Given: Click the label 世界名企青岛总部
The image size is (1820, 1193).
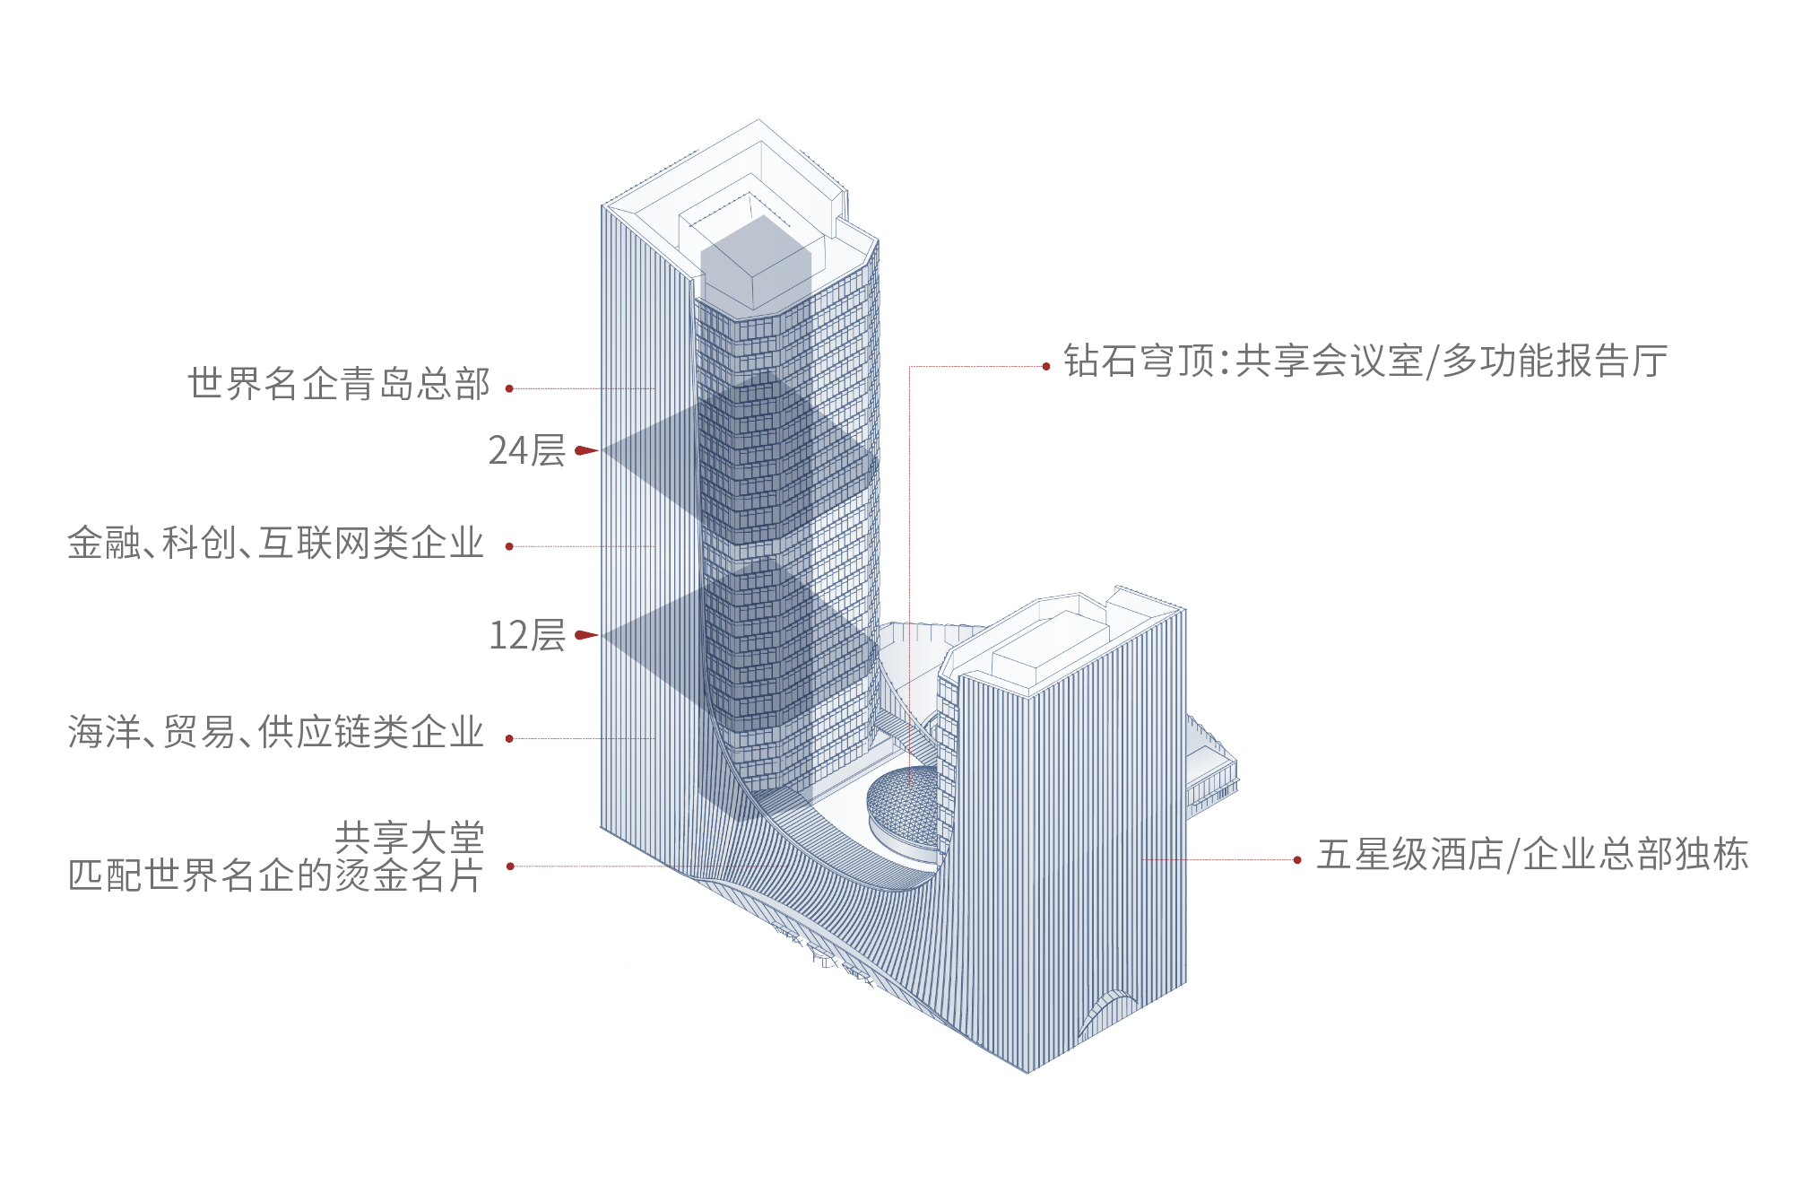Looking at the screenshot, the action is (339, 384).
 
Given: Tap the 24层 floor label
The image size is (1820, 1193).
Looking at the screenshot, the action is (527, 450).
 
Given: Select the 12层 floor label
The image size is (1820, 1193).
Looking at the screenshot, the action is (527, 635).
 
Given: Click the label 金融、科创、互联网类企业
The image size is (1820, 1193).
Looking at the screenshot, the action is (276, 543).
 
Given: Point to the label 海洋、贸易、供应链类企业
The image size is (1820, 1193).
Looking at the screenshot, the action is (276, 732).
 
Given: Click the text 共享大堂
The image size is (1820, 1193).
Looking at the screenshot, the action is (410, 838).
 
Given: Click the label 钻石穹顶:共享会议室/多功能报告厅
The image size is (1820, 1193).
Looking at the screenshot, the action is (1365, 361).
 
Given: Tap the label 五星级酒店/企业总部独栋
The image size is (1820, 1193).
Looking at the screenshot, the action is (1532, 854).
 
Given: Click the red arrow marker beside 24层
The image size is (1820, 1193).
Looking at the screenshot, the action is (586, 450).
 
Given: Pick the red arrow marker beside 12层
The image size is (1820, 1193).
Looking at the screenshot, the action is (586, 635).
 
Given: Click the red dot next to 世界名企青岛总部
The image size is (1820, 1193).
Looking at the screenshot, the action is (509, 388).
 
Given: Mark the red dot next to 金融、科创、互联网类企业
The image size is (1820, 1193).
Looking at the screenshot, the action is (509, 546).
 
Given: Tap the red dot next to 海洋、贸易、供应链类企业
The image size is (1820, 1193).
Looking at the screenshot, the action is (509, 738).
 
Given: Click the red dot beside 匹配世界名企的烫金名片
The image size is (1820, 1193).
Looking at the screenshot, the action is (510, 866).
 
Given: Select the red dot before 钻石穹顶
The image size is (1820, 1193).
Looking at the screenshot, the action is (1046, 366).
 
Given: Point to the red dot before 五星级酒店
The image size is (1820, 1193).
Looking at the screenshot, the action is (1297, 859).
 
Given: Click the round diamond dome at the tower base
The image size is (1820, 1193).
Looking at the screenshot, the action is (903, 812).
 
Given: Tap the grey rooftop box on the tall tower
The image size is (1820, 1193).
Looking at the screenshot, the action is (756, 262).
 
